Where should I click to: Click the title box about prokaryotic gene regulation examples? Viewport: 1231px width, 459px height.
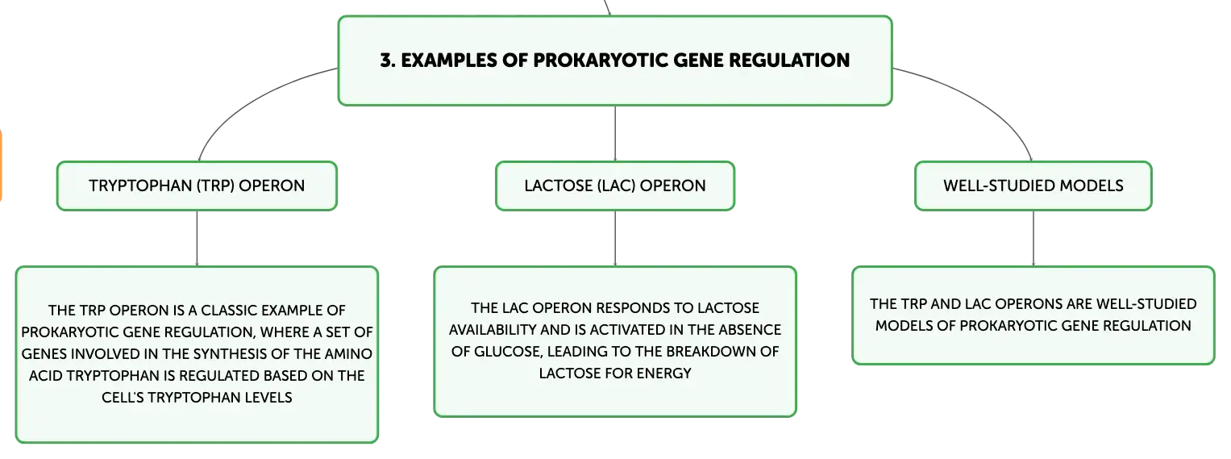click(x=615, y=61)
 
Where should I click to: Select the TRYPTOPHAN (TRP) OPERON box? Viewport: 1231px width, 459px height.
click(x=197, y=186)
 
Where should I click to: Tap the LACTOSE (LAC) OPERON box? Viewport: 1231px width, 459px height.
click(x=615, y=186)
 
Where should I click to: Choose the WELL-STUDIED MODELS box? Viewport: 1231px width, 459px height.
click(x=1033, y=186)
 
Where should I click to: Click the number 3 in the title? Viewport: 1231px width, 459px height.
click(x=386, y=61)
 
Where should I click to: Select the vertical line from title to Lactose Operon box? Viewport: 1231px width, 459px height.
click(x=615, y=134)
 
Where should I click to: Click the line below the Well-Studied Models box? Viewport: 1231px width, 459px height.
click(x=1033, y=239)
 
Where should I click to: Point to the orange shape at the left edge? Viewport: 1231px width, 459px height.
click(x=1, y=165)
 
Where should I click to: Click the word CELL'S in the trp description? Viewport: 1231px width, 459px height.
click(x=123, y=398)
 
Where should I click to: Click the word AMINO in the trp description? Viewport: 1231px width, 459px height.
click(x=350, y=354)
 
